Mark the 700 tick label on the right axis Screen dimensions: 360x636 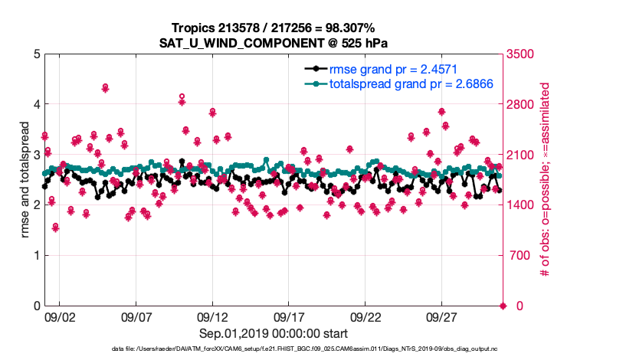click(x=520, y=256)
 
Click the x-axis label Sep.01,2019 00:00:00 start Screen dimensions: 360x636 click(x=274, y=334)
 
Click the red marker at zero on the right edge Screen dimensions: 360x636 click(x=503, y=306)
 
